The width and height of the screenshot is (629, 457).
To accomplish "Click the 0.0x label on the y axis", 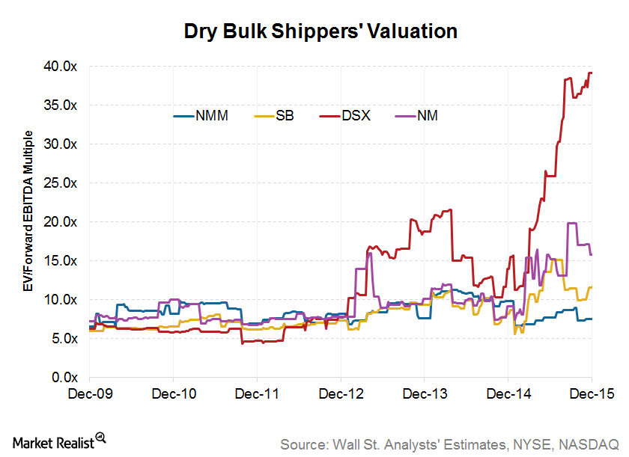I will [64, 377].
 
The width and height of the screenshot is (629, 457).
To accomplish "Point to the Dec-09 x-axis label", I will [89, 393].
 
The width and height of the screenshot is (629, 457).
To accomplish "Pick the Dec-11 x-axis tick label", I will [257, 393].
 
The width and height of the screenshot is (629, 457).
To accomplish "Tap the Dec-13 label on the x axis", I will [425, 393].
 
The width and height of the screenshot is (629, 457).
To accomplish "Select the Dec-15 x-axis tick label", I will [592, 393].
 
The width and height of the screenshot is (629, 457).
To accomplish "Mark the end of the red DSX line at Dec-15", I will [592, 73].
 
